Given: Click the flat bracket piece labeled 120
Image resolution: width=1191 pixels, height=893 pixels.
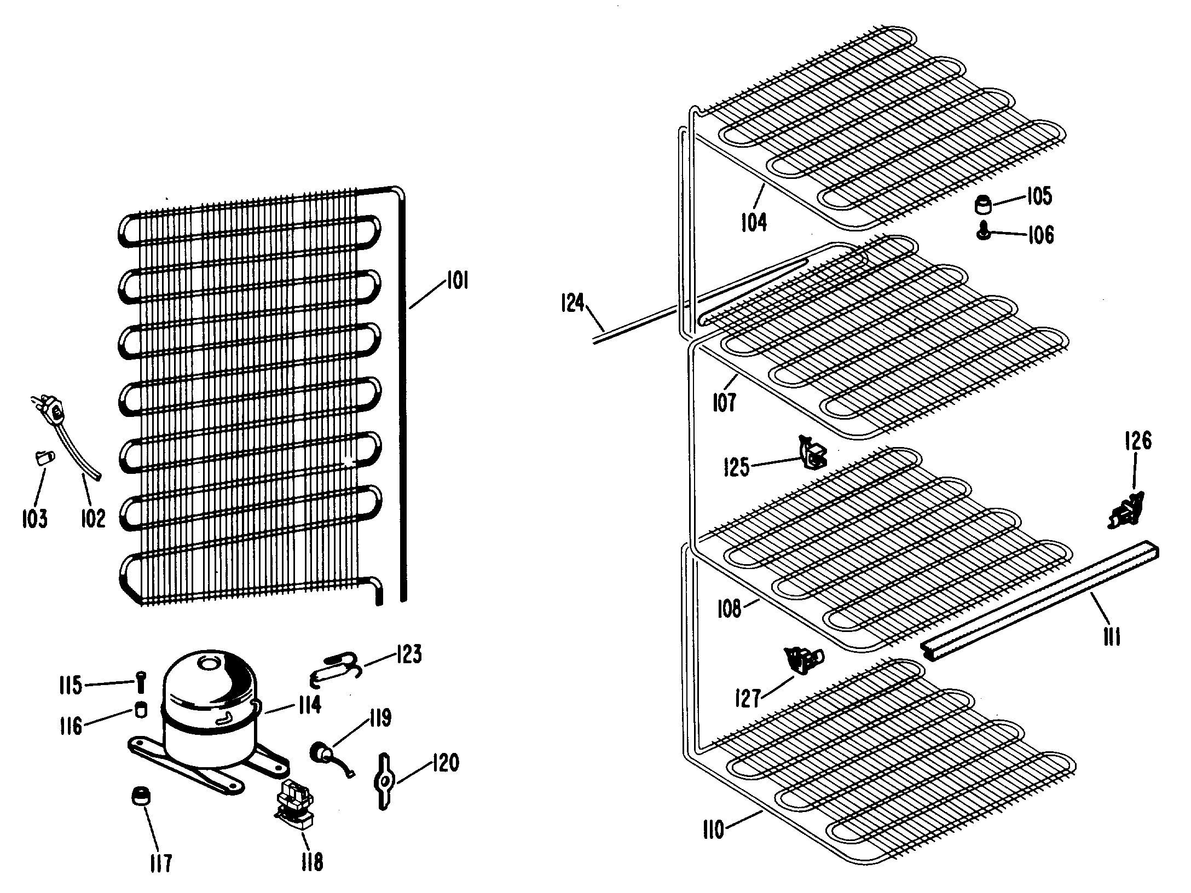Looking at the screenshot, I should (384, 780).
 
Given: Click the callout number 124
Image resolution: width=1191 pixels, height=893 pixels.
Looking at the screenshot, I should (573, 303).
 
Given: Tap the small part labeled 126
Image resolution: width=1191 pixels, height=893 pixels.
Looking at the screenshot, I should (1125, 512).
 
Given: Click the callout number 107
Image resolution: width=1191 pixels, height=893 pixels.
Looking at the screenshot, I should (724, 403).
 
